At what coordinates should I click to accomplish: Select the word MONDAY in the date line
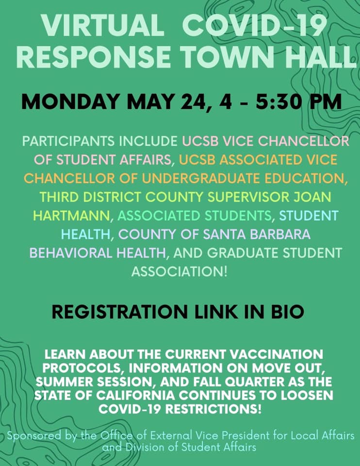[71, 101]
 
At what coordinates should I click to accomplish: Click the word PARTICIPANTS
[68, 141]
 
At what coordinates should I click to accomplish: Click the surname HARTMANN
[71, 216]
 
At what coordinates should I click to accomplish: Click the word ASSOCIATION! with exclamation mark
[180, 272]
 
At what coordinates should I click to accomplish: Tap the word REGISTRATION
[120, 312]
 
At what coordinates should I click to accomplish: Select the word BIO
[287, 312]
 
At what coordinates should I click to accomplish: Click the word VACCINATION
[277, 354]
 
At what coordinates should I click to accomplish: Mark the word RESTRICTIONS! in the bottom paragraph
[213, 409]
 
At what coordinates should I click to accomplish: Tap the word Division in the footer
[145, 447]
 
